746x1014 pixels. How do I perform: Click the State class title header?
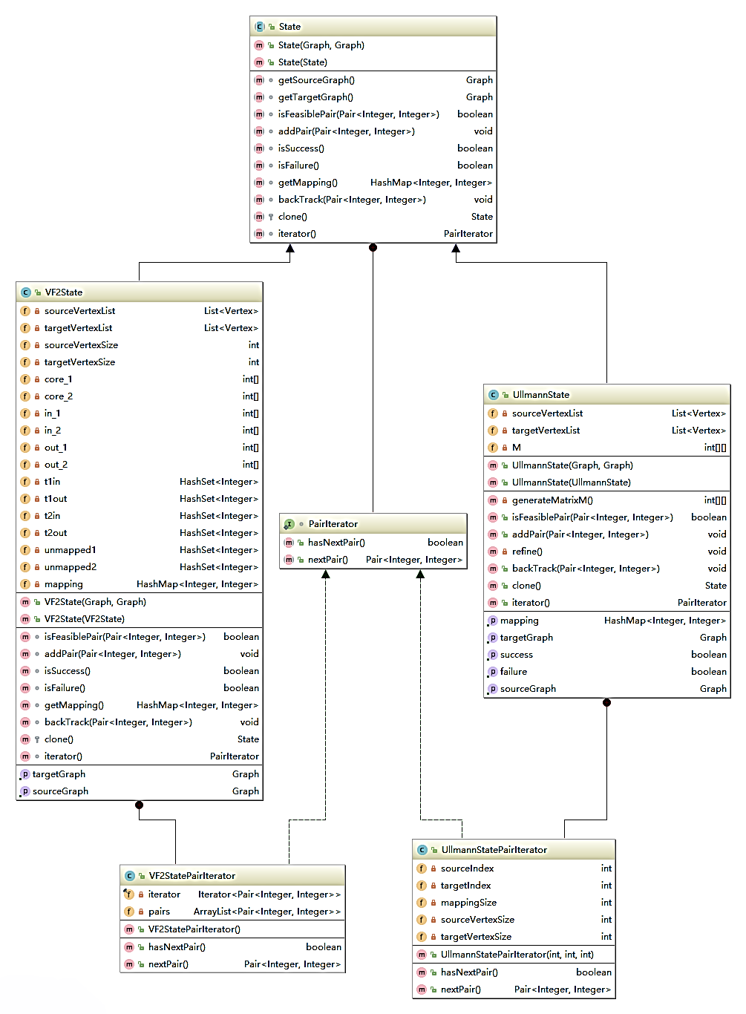[289, 27]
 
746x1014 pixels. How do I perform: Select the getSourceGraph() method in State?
[316, 80]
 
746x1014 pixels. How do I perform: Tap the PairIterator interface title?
[333, 524]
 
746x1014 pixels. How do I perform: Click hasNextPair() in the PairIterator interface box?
[336, 543]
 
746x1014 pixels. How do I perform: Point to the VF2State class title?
[64, 292]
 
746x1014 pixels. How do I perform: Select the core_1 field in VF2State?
[58, 379]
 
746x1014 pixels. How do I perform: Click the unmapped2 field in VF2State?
[70, 567]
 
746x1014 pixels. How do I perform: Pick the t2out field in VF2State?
[56, 533]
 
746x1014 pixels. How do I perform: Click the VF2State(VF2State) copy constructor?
[84, 619]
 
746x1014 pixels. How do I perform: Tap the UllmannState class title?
[540, 395]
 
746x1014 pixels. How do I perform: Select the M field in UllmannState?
[516, 448]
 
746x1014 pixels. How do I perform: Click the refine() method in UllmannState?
[527, 552]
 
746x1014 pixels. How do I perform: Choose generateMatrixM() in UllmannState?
[552, 500]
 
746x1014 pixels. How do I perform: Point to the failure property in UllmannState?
[513, 672]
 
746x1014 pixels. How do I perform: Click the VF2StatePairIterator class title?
[192, 876]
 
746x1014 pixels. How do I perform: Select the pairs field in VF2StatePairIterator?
[159, 912]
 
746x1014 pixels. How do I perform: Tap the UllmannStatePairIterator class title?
[494, 850]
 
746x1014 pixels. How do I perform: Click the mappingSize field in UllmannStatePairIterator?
[468, 903]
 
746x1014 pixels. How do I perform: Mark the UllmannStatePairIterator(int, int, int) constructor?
[517, 955]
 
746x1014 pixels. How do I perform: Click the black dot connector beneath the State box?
[373, 248]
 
